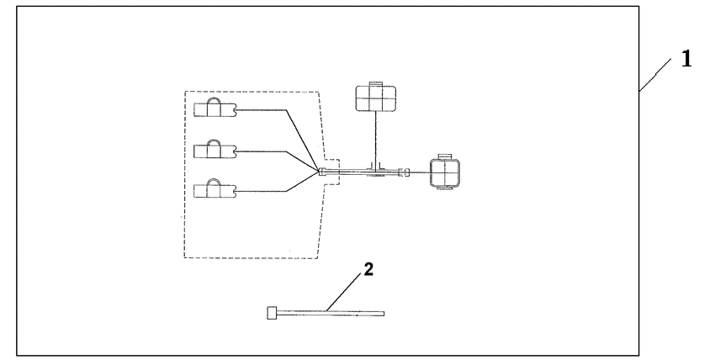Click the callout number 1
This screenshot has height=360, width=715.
tap(686, 61)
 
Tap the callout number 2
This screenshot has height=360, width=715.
tap(367, 271)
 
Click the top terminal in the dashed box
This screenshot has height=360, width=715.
tap(214, 109)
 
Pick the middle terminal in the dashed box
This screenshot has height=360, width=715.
tap(214, 150)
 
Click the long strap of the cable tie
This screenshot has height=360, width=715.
tap(332, 314)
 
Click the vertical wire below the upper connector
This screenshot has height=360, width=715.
tap(373, 139)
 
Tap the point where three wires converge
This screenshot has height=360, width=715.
tap(320, 172)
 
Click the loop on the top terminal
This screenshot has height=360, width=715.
tap(214, 101)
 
